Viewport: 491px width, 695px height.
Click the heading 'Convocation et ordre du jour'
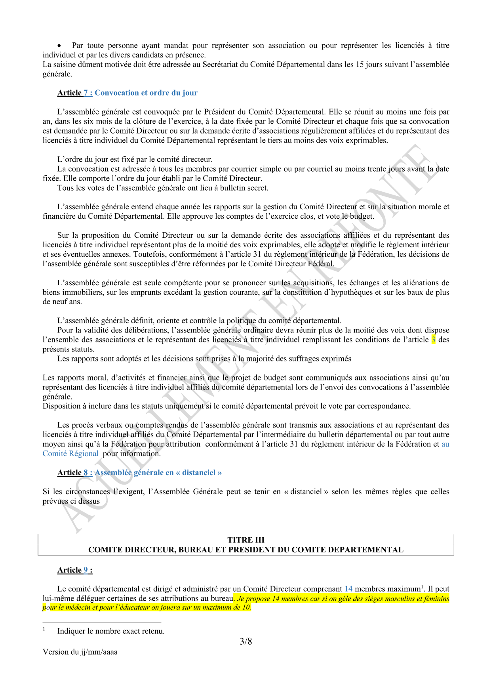[x=146, y=93]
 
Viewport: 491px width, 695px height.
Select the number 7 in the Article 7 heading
[x=86, y=93]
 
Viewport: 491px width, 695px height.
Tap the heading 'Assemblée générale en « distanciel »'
[x=158, y=472]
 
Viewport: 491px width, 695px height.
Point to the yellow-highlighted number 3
[x=433, y=340]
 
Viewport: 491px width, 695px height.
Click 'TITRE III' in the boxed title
[x=246, y=540]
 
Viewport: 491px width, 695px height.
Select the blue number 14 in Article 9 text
[x=348, y=589]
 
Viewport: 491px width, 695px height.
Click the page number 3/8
[x=246, y=641]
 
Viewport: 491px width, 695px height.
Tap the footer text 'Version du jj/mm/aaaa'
[x=80, y=652]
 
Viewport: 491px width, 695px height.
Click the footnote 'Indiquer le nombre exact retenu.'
[x=111, y=631]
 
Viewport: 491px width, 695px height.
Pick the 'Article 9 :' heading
[x=75, y=570]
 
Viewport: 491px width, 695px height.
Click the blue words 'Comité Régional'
[x=70, y=453]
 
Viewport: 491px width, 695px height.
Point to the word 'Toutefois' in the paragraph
[x=149, y=254]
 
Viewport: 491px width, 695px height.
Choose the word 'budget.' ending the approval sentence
[x=361, y=216]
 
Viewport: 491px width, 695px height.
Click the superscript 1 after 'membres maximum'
[x=422, y=586]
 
